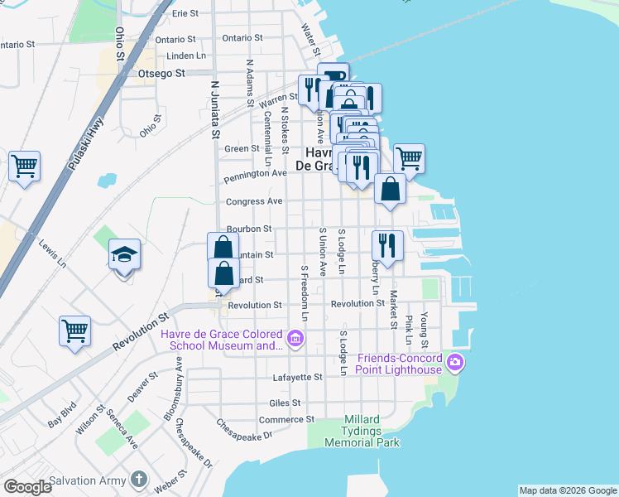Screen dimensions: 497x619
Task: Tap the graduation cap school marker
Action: click(x=124, y=254)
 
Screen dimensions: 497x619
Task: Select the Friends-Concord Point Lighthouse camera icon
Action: click(x=455, y=362)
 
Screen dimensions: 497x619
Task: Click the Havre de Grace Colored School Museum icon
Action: click(x=294, y=338)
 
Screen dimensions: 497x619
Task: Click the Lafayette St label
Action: click(x=297, y=377)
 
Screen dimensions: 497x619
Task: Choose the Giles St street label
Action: click(x=284, y=403)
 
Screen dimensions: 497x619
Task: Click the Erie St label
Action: click(x=185, y=14)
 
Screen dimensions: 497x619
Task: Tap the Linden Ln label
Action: click(x=186, y=55)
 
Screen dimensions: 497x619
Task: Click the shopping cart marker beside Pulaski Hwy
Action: click(x=24, y=166)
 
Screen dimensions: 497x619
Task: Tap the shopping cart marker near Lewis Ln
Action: click(x=74, y=331)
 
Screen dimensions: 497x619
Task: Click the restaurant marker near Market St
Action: click(x=387, y=244)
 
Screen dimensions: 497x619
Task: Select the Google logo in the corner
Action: click(x=28, y=486)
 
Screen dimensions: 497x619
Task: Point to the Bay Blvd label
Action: click(x=61, y=416)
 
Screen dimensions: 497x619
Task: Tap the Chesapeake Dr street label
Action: click(x=244, y=430)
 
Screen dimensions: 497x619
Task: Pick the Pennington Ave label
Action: click(x=256, y=174)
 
